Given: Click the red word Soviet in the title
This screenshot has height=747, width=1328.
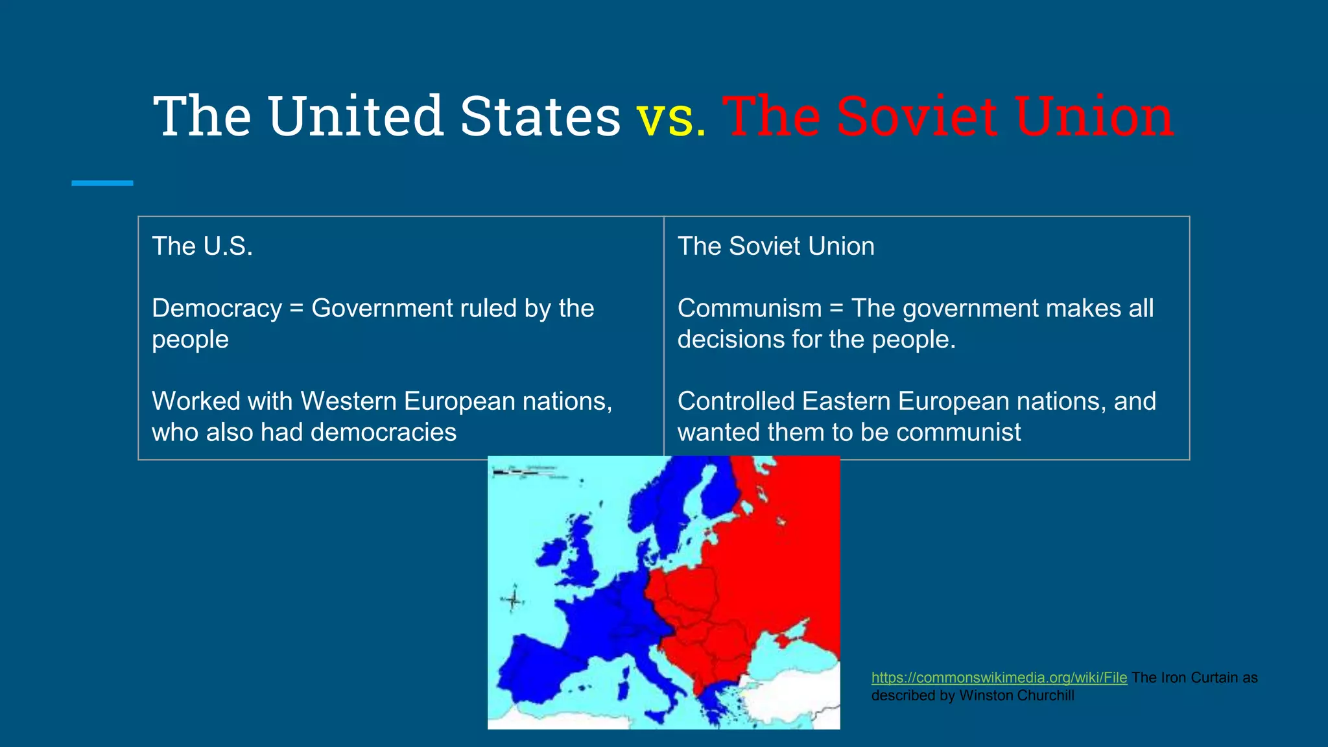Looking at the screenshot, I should (x=916, y=117).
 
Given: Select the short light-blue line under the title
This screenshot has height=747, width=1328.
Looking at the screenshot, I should (x=102, y=184).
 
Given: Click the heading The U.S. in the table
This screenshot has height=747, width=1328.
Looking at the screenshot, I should (x=202, y=246).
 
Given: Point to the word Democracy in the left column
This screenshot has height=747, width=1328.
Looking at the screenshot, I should (x=217, y=309).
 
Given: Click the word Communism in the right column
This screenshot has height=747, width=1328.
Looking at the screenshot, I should (x=750, y=309).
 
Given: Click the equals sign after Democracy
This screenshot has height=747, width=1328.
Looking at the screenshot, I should (x=296, y=309).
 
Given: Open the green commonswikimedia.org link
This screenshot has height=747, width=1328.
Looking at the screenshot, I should (x=999, y=678).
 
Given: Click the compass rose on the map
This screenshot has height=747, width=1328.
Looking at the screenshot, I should (x=513, y=600).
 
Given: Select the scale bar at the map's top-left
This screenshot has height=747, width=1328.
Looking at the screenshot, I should (x=516, y=473).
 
